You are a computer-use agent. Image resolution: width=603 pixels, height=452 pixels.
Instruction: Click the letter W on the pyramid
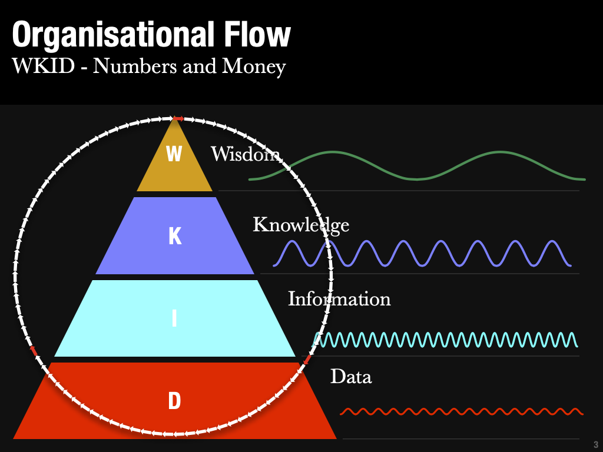(x=174, y=154)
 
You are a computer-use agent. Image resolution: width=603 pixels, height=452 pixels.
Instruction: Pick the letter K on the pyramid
(x=175, y=236)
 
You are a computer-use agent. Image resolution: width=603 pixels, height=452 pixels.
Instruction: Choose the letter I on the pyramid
(x=174, y=318)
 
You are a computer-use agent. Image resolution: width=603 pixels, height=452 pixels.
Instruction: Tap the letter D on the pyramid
(x=174, y=401)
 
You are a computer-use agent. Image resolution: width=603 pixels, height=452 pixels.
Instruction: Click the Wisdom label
(x=245, y=154)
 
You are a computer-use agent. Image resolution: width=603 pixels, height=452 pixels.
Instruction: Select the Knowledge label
(x=301, y=225)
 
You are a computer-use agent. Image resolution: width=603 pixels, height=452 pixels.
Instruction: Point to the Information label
(x=339, y=299)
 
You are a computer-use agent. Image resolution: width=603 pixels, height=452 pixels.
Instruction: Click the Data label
(x=351, y=376)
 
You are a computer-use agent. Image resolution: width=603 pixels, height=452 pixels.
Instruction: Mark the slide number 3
(x=595, y=445)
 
